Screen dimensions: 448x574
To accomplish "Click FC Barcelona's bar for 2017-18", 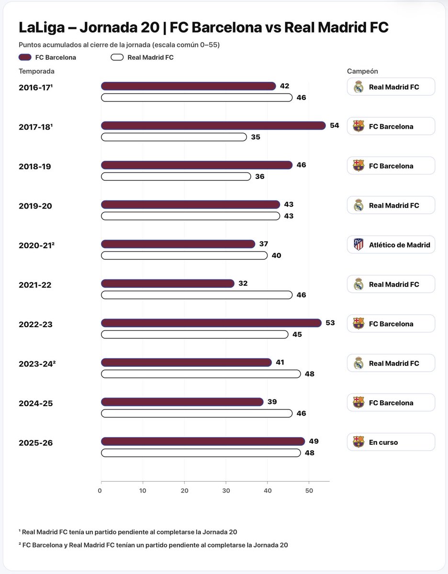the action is [x=213, y=125].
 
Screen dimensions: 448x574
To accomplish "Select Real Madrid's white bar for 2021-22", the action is [x=197, y=295].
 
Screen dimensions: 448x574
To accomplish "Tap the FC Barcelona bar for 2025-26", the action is [x=203, y=442].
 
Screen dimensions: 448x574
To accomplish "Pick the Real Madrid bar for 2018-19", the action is [x=176, y=177].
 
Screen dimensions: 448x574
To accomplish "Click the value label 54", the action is [x=335, y=125].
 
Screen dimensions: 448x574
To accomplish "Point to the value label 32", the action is [x=243, y=284].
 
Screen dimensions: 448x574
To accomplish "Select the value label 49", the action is [x=314, y=441].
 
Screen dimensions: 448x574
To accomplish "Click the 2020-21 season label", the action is [x=36, y=245].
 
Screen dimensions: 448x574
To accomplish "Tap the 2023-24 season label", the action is [x=37, y=364].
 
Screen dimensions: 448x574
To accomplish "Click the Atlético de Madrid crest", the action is [x=358, y=244].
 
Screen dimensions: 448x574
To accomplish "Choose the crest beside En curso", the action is [x=358, y=442].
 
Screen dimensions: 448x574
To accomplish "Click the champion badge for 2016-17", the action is [x=391, y=87].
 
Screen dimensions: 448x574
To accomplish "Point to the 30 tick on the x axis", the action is [x=226, y=491].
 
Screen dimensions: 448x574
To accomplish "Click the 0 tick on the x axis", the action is [x=100, y=491].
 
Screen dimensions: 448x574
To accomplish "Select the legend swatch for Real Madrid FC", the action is [x=117, y=57].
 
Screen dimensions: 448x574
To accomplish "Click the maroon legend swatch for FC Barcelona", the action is [x=25, y=57].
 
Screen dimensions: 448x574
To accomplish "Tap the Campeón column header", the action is [x=362, y=71].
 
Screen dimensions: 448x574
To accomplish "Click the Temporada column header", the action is [x=36, y=71].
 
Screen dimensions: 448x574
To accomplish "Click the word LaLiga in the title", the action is [x=42, y=28].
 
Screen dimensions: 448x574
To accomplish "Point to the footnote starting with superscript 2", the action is [x=153, y=545].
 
